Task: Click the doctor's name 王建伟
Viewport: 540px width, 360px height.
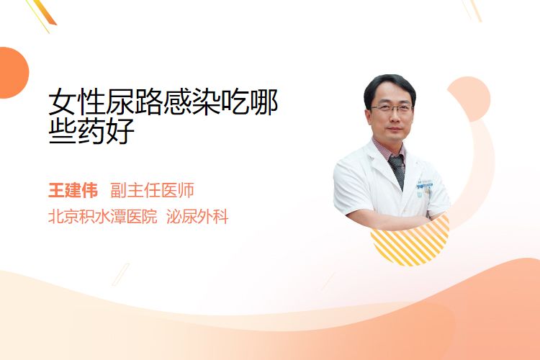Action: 73,190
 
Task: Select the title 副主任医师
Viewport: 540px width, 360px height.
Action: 152,190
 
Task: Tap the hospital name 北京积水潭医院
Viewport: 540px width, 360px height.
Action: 103,217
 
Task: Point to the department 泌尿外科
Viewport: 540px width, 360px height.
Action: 198,217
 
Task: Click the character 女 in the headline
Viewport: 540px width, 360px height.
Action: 63,102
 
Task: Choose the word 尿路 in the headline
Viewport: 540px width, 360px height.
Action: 135,102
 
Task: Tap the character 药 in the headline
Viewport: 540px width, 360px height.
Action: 91,131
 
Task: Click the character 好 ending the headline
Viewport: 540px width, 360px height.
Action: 120,131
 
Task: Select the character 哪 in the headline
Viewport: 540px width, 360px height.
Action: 264,102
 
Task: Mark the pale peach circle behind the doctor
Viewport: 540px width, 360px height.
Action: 469,99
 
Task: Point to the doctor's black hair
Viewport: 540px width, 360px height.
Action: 390,87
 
